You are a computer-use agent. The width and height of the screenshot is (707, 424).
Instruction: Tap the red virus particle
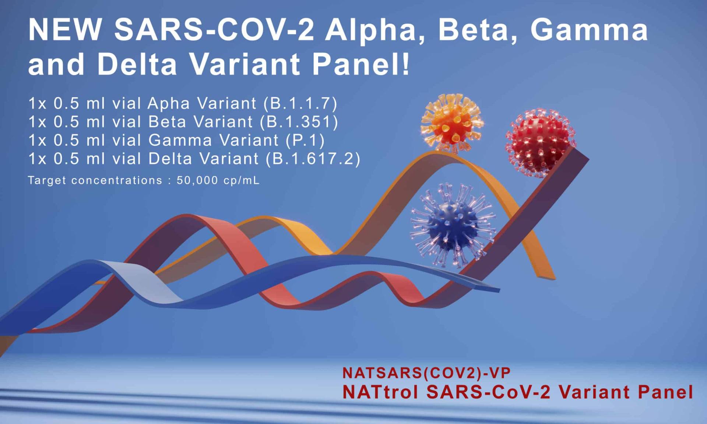(x=540, y=142)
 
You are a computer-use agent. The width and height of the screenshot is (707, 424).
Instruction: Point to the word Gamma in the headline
(x=589, y=30)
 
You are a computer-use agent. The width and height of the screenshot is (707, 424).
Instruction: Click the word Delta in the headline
(x=137, y=64)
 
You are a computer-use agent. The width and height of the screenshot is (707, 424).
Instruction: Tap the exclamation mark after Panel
(x=406, y=64)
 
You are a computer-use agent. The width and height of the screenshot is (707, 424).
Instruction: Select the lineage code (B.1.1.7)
(x=300, y=103)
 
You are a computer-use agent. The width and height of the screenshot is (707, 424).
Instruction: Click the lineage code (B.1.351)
(x=299, y=122)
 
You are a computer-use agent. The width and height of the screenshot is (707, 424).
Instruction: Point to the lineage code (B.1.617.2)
(x=313, y=159)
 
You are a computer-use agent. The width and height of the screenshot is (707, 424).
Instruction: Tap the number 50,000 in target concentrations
(x=197, y=180)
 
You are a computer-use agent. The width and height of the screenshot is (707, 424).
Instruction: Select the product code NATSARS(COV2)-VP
(x=426, y=373)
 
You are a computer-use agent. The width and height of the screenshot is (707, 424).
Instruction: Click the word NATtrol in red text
(x=380, y=392)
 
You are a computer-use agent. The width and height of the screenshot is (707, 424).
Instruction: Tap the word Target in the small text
(x=47, y=181)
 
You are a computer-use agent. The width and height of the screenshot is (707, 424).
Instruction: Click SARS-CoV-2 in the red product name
(x=488, y=392)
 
